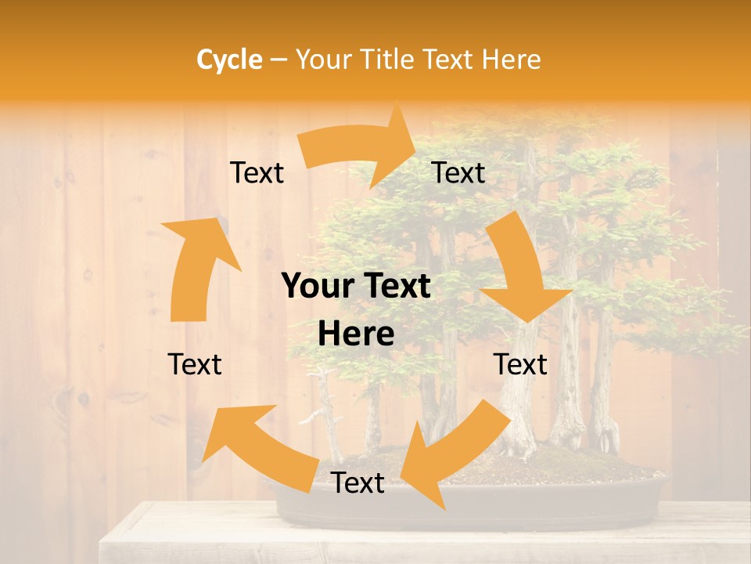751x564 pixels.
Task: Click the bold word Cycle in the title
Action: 228,60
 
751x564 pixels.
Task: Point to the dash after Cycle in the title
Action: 278,60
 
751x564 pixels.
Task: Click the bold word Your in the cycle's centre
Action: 317,287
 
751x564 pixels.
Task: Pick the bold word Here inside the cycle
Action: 356,334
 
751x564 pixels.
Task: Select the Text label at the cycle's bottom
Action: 358,483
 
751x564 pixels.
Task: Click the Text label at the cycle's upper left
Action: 257,173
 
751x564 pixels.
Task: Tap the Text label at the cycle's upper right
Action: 458,173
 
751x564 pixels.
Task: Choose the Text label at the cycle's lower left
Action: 195,364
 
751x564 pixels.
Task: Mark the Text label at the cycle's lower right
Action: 520,364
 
